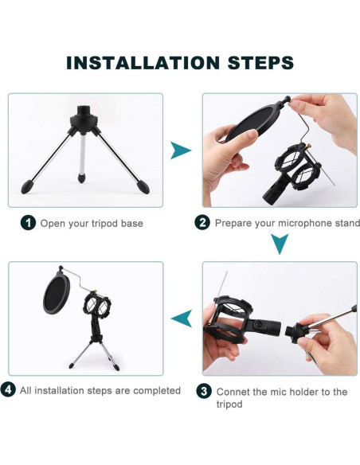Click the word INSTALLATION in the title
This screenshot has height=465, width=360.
143,63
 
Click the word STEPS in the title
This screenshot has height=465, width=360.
260,63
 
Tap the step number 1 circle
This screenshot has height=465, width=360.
28,223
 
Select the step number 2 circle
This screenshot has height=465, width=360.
202,222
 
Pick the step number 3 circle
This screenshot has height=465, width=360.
204,391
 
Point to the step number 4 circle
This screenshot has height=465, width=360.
8,389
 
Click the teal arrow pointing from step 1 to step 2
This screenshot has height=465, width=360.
180,150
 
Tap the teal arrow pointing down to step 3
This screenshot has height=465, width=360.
280,244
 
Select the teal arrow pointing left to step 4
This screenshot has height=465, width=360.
182,318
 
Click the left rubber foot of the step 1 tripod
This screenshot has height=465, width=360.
27,187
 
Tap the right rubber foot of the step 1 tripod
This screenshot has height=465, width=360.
143,187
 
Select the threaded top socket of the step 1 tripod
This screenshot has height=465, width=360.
84,111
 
